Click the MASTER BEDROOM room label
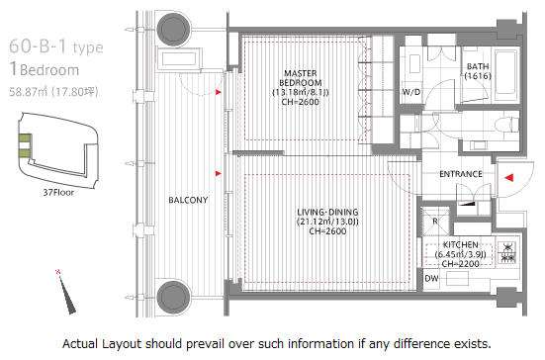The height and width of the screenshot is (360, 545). (300, 78)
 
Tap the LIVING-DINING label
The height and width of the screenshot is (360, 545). (327, 212)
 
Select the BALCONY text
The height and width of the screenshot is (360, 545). (188, 200)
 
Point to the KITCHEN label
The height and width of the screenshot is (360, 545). (460, 244)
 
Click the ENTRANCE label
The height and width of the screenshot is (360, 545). (461, 174)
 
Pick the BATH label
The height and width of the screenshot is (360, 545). (478, 66)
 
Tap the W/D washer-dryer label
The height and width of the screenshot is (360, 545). (411, 92)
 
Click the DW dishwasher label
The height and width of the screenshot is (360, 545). (431, 278)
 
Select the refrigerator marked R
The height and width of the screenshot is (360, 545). (435, 221)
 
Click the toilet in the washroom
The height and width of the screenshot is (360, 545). (506, 124)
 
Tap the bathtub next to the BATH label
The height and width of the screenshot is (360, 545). (505, 73)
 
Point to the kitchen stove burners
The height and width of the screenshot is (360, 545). (507, 252)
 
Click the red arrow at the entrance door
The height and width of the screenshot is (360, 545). (508, 178)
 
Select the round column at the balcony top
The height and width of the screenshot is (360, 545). (173, 29)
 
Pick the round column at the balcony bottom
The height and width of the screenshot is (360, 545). (173, 297)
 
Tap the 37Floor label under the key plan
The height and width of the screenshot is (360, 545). (58, 192)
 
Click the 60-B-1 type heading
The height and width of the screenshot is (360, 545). (56, 46)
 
